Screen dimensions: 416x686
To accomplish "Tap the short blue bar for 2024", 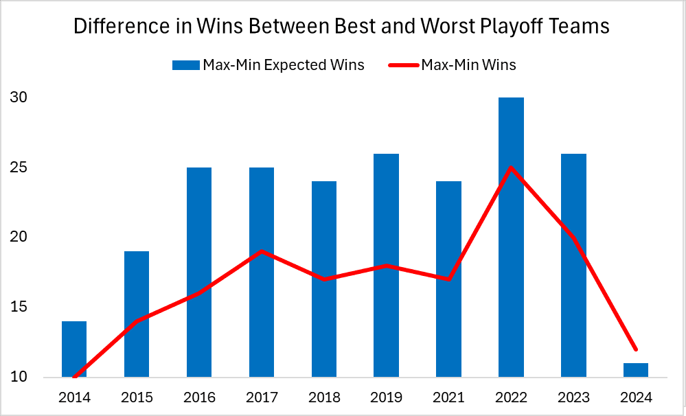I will [x=636, y=370].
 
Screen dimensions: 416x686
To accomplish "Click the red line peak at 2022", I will [x=511, y=167].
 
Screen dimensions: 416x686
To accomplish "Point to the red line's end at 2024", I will [x=636, y=349].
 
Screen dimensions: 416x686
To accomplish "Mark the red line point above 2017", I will [x=262, y=251].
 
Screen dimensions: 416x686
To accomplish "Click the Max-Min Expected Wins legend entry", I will [x=268, y=65].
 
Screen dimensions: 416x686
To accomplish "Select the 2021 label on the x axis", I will [x=448, y=397].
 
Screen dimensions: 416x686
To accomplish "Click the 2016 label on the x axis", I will [x=199, y=397].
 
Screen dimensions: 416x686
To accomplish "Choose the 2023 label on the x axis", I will [x=573, y=397].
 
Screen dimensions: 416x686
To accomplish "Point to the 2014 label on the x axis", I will [x=74, y=397].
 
